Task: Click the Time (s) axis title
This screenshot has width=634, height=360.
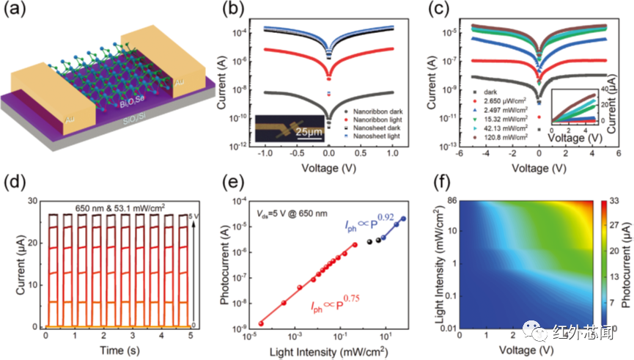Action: coord(109,350)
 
